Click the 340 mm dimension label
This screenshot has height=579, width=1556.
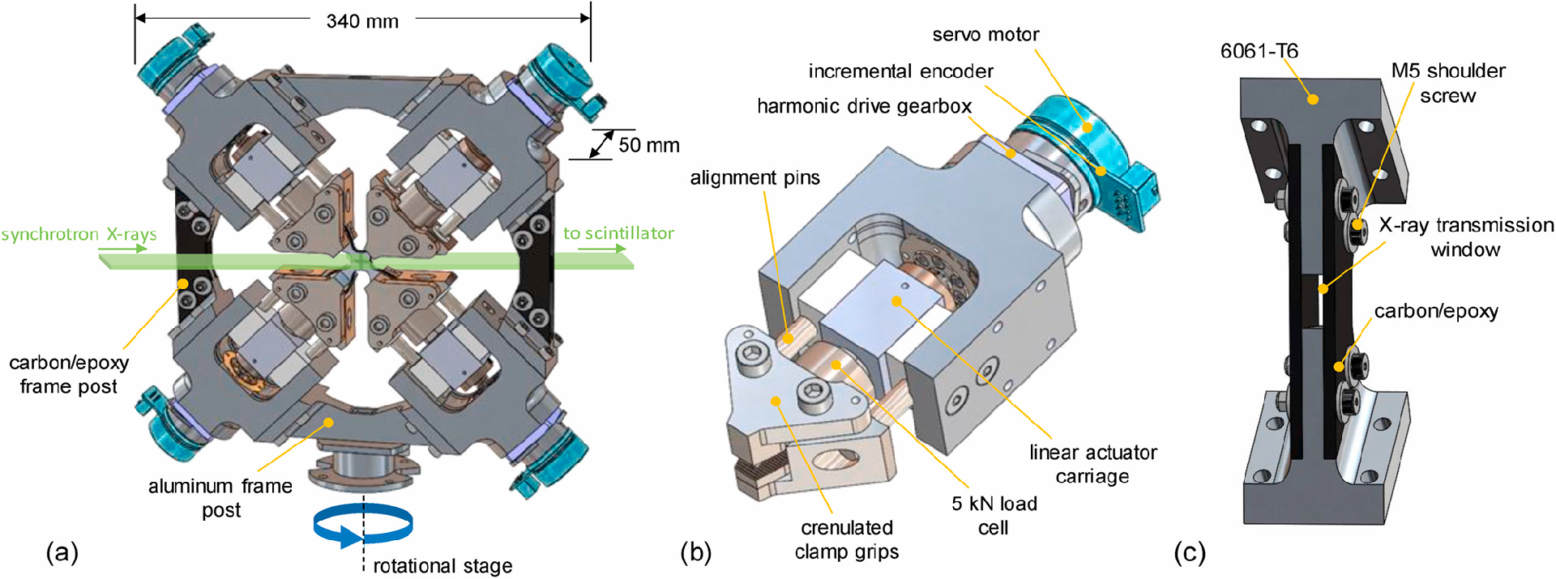pos(362,22)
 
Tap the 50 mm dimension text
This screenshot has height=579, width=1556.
pos(648,146)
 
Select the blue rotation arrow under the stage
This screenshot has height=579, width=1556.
pos(362,526)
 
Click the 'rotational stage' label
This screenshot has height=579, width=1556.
pos(442,565)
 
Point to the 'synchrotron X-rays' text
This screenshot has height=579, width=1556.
pos(79,235)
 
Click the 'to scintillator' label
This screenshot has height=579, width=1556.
pos(618,233)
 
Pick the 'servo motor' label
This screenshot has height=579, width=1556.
pos(985,35)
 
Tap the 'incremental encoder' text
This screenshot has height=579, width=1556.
pos(900,71)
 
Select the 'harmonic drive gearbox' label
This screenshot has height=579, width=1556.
pos(864,106)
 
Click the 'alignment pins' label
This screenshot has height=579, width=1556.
pos(754,178)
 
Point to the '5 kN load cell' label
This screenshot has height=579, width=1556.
pos(994,515)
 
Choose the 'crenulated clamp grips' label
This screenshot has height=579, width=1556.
pos(847,539)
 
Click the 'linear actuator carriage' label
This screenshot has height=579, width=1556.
pos(1092,464)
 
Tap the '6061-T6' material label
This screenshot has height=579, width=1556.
pos(1259,51)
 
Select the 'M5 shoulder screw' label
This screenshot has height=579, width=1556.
pos(1448,83)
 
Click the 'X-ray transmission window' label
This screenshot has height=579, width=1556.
pos(1466,236)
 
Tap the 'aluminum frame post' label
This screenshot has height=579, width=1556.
pos(220,497)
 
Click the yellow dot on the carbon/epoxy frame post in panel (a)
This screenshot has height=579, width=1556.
pos(184,284)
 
